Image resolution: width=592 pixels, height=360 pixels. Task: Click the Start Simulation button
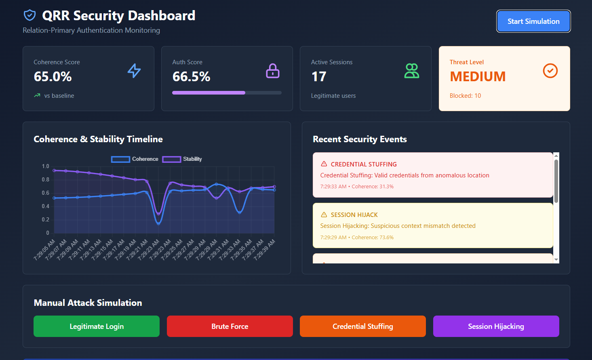pos(533,21)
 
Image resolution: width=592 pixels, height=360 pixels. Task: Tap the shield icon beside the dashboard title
pos(29,15)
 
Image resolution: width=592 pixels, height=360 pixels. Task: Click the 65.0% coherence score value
pos(53,76)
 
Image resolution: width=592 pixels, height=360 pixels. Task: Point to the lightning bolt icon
pos(134,71)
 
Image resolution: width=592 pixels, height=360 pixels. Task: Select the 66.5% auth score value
pos(192,76)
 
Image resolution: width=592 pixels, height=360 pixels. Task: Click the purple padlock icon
pos(273,71)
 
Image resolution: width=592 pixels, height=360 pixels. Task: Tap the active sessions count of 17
pos(319,76)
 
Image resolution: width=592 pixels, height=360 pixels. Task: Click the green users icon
pos(412,71)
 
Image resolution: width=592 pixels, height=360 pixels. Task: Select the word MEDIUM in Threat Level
pos(478,76)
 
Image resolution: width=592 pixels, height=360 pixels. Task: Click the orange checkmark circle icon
pos(550,71)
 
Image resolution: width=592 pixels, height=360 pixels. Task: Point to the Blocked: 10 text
pos(465,96)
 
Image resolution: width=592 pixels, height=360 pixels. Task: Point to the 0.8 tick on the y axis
pos(46,179)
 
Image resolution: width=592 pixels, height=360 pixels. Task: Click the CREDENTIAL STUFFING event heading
pos(364,164)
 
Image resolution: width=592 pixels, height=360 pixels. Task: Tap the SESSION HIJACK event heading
pos(354,215)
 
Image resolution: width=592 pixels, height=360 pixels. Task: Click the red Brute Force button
pos(230,326)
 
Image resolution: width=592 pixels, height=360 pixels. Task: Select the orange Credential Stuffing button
pos(362,326)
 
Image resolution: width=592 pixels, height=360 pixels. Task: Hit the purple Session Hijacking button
pos(496,326)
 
